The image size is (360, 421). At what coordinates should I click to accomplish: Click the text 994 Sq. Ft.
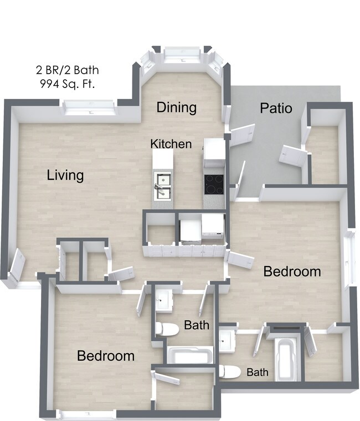[68, 85]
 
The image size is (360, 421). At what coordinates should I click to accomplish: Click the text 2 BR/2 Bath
[68, 70]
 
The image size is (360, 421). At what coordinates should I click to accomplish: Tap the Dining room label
[176, 107]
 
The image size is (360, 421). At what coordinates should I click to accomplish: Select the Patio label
[276, 108]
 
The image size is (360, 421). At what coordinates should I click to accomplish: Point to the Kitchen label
[171, 144]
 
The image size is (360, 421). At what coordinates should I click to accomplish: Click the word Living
[65, 175]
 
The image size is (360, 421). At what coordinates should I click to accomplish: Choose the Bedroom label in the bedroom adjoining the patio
[292, 271]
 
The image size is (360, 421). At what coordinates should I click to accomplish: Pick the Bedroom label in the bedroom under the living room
[105, 355]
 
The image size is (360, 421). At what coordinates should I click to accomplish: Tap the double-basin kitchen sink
[163, 186]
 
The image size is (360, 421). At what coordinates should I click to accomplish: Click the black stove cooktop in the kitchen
[214, 184]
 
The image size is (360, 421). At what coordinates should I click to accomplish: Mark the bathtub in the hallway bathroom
[190, 355]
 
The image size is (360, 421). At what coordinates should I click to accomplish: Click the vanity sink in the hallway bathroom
[163, 300]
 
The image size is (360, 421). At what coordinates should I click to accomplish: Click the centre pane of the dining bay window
[182, 54]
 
